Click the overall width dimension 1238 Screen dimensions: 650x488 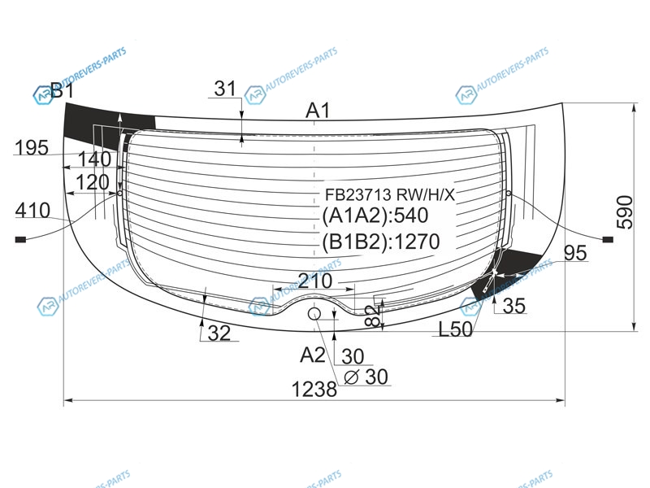(x=314, y=390)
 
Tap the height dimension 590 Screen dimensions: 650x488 (x=625, y=212)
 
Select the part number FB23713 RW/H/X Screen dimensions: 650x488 (x=390, y=194)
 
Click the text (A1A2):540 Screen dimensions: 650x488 (x=375, y=216)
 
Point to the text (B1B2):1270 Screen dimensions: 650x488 (x=381, y=242)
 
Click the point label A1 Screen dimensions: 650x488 (x=318, y=111)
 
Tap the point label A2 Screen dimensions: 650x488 (x=313, y=355)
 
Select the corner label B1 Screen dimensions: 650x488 (x=62, y=90)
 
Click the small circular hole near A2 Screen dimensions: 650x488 (x=314, y=314)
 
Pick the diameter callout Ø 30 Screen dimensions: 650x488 (x=366, y=377)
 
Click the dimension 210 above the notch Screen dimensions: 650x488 (x=315, y=281)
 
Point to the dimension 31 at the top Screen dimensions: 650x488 (x=225, y=89)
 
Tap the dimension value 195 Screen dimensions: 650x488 (x=32, y=147)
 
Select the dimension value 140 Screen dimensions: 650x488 (x=94, y=159)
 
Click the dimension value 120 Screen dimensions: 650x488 (x=93, y=182)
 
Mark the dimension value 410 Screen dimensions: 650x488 (x=32, y=211)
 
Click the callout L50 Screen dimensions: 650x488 (x=456, y=329)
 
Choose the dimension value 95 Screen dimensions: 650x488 (x=576, y=253)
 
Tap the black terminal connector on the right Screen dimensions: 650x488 (x=608, y=239)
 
